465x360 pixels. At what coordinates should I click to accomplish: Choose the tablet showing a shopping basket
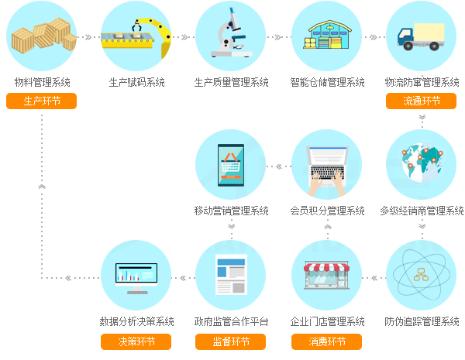pos(231,165)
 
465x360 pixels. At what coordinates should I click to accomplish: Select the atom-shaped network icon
pos(421,275)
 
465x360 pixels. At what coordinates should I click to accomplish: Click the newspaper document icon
pos(231,275)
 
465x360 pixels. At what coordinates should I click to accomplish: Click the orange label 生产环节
pos(41,101)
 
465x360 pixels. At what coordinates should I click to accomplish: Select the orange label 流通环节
pos(421,101)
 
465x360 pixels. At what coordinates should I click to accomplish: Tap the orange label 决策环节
pos(136,341)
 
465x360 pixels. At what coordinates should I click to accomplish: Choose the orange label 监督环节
pos(231,341)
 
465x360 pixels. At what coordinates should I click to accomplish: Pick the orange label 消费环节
pos(326,341)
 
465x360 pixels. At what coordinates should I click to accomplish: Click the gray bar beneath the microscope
pos(231,82)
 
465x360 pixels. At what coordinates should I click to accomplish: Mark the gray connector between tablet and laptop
pos(279,166)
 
